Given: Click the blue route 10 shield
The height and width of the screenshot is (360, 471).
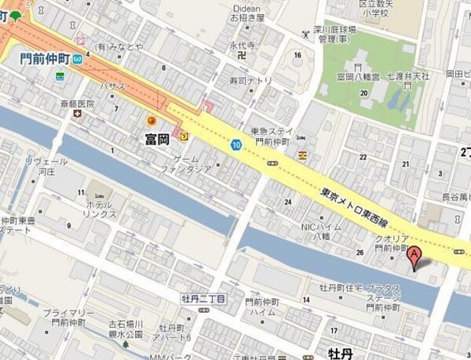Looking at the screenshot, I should click(x=235, y=144).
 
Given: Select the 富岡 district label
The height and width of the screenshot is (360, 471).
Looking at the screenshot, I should click(x=159, y=139).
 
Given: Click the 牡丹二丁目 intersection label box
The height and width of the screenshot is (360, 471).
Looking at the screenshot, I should click(x=203, y=299).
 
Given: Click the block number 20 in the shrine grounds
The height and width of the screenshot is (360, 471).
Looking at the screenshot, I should click(x=363, y=93).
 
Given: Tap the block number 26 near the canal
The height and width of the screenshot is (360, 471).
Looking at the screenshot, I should click(x=360, y=252).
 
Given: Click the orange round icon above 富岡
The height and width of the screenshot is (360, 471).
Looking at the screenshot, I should click(x=152, y=120).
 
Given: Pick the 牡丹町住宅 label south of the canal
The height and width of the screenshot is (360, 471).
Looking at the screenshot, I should click(x=339, y=288).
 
